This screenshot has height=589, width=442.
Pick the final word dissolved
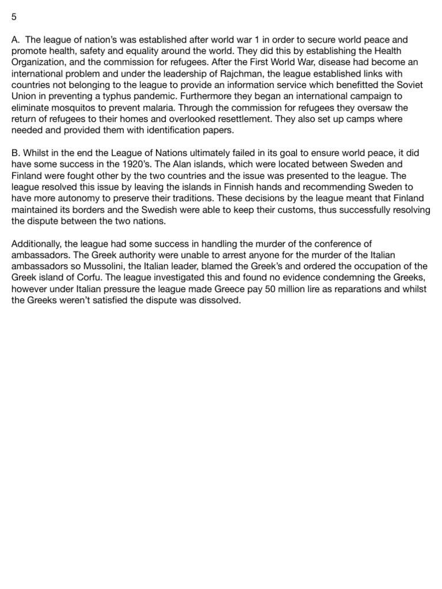coord(217,300)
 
